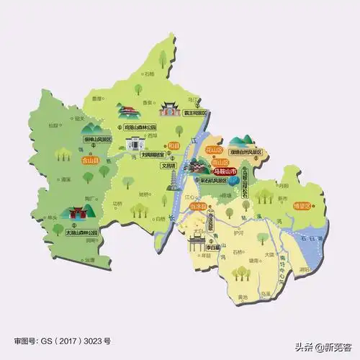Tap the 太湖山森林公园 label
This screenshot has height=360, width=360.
pos(76,232)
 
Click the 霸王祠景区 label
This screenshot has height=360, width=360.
pos(192,113)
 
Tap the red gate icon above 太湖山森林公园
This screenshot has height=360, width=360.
pos(76,215)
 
